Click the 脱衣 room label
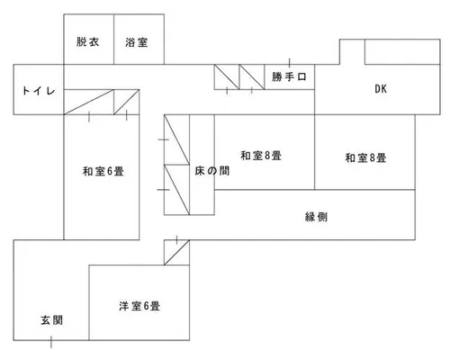(87, 41)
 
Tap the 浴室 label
(137, 42)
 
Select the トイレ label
(39, 91)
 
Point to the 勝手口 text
(289, 76)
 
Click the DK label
(381, 89)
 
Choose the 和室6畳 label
(103, 171)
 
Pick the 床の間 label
(212, 171)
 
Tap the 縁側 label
(316, 217)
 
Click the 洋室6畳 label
(139, 306)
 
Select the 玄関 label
(52, 320)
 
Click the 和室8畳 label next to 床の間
(261, 156)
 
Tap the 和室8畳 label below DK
(365, 157)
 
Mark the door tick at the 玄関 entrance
(51, 342)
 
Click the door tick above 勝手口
(290, 63)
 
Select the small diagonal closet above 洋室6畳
(176, 252)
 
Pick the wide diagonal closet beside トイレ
(89, 102)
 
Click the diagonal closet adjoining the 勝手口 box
(252, 77)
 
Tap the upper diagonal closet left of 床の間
(176, 139)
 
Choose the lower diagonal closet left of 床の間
(176, 190)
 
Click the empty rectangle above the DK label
(402, 51)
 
